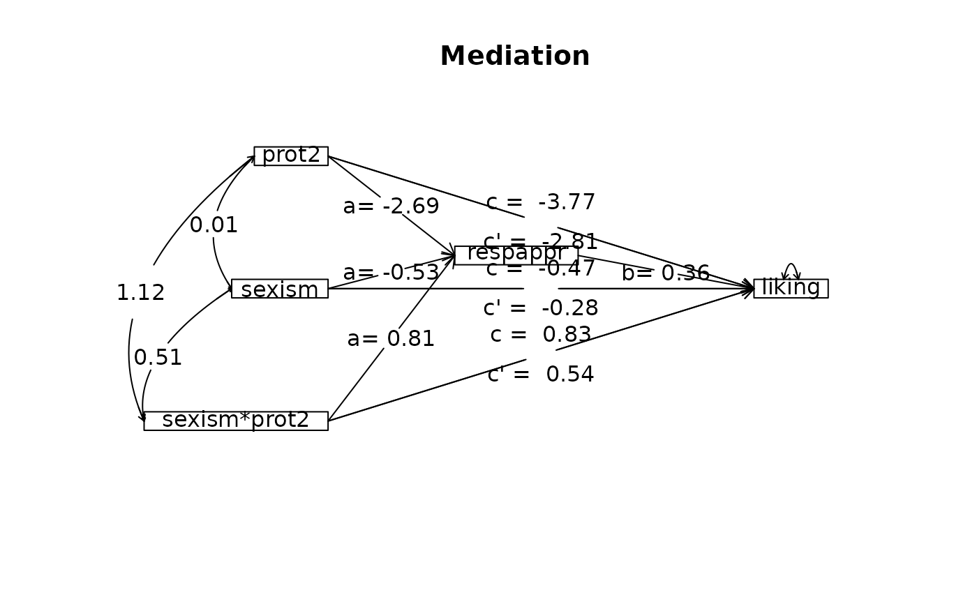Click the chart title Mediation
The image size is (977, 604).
point(515,56)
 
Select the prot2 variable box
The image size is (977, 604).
point(291,156)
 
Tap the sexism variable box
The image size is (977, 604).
point(280,289)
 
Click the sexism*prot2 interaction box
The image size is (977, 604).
point(236,421)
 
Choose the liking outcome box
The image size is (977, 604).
point(791,288)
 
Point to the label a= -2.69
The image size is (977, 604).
point(391,206)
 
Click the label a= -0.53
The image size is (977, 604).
point(391,273)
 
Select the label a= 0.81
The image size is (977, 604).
point(391,339)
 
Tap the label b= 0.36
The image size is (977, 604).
point(666,273)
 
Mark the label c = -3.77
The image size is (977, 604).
point(541,202)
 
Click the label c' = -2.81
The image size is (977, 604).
point(541,242)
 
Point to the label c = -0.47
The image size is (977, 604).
point(541,269)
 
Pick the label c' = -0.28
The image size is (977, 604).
point(541,308)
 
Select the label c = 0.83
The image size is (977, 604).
point(541,335)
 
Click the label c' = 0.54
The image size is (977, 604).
point(541,375)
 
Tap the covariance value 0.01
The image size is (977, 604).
point(214,225)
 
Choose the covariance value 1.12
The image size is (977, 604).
point(140,293)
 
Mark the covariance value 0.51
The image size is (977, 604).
point(158,358)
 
